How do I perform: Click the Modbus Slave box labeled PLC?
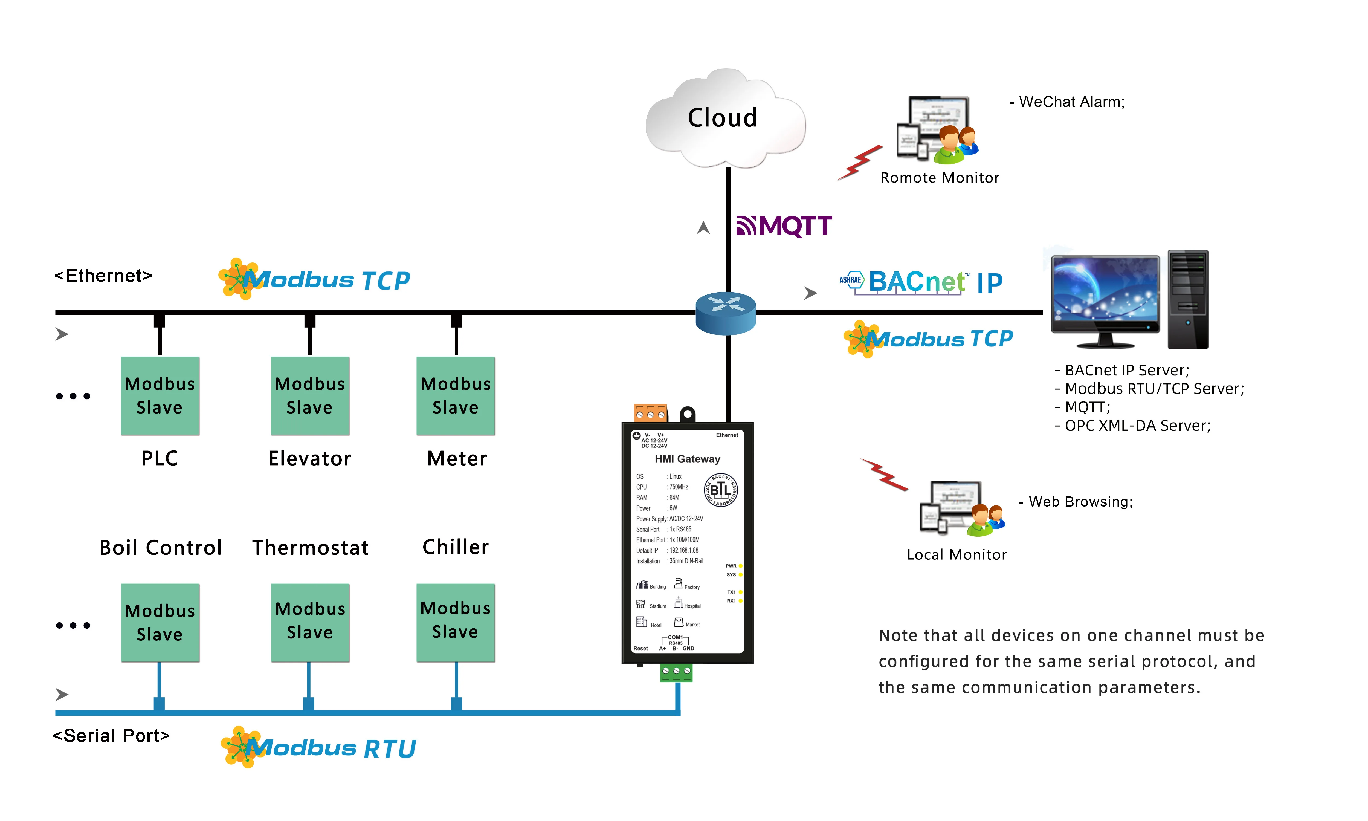click(160, 395)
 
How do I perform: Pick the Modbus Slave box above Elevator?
click(310, 395)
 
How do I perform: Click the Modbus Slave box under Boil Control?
click(160, 622)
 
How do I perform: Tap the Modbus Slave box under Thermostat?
click(310, 622)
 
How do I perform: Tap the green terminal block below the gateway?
click(676, 672)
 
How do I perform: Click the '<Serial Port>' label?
click(111, 736)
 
